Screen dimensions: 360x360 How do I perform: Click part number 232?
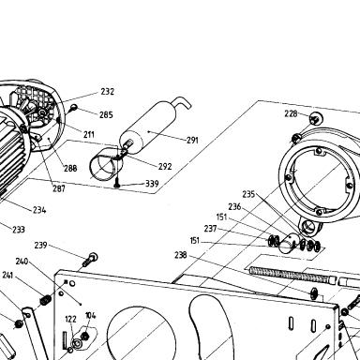point(107,92)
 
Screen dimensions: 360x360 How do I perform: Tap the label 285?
point(106,115)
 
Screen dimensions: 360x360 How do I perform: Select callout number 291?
point(192,141)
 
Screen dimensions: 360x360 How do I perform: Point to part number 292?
point(165,166)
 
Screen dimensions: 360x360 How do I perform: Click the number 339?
point(152,184)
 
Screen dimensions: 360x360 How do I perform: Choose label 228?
point(291,113)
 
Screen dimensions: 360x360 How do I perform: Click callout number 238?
point(181,255)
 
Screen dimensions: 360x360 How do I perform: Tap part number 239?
point(40,246)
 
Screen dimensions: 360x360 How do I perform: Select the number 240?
point(22,262)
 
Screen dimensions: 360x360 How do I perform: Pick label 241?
point(7,276)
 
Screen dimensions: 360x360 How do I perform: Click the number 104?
point(91,316)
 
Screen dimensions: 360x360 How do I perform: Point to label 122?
point(70,319)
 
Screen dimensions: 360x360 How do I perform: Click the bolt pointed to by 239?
point(90,260)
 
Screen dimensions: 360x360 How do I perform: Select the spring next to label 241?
point(46,301)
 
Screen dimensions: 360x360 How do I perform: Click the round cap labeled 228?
point(316,119)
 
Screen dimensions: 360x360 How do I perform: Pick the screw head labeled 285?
point(74,108)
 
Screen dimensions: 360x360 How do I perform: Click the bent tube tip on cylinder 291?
point(184,102)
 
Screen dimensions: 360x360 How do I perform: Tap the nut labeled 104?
point(84,337)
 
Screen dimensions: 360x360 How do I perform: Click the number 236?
point(234,207)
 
